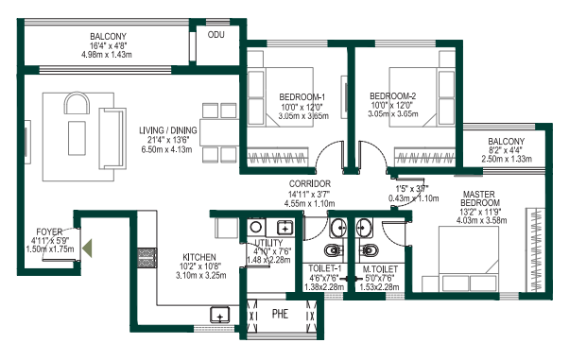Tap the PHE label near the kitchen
click(x=280, y=314)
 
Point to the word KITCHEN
click(x=199, y=257)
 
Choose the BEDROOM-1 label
click(x=302, y=96)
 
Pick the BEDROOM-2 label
click(x=392, y=96)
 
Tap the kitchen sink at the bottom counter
click(x=220, y=316)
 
